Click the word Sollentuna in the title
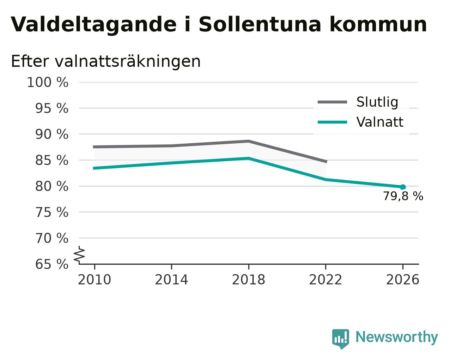click(x=260, y=24)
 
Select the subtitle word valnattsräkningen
click(x=128, y=62)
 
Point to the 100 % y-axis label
click(x=48, y=82)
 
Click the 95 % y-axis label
click(x=51, y=108)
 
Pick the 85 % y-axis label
click(x=51, y=160)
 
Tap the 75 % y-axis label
click(x=51, y=212)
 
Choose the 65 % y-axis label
click(x=51, y=264)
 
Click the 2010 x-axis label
click(x=94, y=280)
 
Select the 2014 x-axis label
click(x=171, y=280)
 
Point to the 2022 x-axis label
click(x=326, y=280)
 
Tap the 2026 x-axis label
click(x=402, y=280)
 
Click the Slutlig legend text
click(x=377, y=102)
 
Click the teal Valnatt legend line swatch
click(x=332, y=122)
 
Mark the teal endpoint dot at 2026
click(x=403, y=187)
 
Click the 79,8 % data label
click(x=403, y=196)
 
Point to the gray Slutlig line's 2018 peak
click(x=248, y=141)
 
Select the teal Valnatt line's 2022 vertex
click(x=326, y=180)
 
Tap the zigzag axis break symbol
click(x=79, y=254)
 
